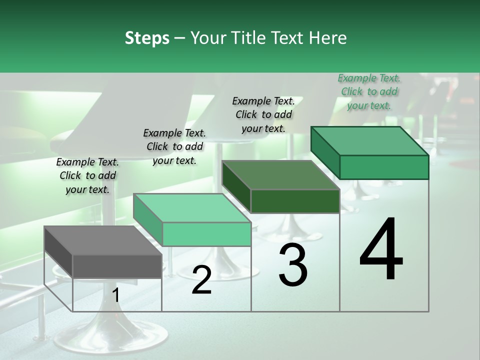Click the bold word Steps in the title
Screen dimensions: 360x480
point(147,38)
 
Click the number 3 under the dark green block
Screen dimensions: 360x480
point(293,265)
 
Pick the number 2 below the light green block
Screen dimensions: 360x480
point(201,280)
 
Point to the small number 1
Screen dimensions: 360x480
point(116,295)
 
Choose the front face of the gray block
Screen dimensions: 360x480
point(117,266)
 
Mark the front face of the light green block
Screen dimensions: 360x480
point(206,234)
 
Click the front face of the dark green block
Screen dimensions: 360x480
point(295,201)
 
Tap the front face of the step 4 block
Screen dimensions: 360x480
point(384,167)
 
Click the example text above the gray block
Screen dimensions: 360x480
point(87,175)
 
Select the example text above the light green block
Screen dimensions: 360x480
point(174,146)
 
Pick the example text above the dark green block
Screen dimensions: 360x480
point(263,114)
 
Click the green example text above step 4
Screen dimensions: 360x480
point(369,91)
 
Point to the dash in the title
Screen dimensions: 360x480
point(180,38)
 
